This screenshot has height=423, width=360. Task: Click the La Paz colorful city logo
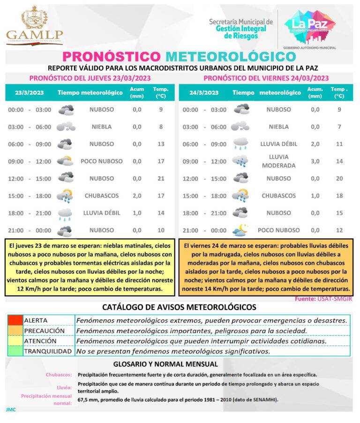[x=310, y=26]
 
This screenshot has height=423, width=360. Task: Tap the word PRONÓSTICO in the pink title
[x=112, y=56]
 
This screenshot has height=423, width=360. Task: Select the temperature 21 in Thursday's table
[x=161, y=179]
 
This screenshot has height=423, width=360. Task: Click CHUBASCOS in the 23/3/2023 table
[x=102, y=196]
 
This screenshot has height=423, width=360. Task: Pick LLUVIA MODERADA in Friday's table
[x=278, y=161]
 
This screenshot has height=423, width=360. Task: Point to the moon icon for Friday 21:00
[x=241, y=230]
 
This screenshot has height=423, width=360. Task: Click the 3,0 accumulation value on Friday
[x=315, y=161]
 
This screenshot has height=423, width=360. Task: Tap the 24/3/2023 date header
[x=204, y=92]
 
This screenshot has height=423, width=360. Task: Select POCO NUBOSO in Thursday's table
[x=102, y=161]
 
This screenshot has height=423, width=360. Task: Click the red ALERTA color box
[x=15, y=320]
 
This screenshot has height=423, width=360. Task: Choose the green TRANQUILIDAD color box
[x=15, y=351]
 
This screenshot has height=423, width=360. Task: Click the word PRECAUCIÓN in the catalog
[x=44, y=331]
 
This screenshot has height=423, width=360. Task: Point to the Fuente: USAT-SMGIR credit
[x=324, y=299]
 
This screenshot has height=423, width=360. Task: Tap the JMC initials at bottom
[x=11, y=409]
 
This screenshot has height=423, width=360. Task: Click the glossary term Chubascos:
[x=59, y=375]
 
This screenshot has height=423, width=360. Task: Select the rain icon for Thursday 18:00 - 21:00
[x=65, y=213]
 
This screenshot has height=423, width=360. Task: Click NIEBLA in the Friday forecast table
[x=278, y=127]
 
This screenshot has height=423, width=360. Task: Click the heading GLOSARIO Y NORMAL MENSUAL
[x=165, y=364]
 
